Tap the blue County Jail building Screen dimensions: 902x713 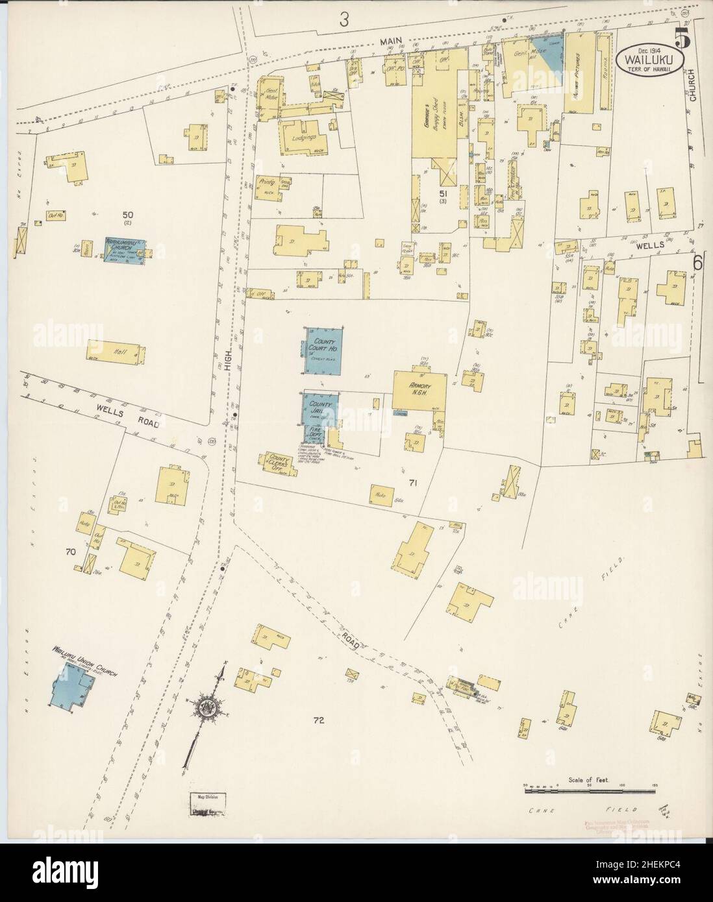click(321, 409)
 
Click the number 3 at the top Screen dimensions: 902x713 click(344, 20)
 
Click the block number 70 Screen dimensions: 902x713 click(71, 552)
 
